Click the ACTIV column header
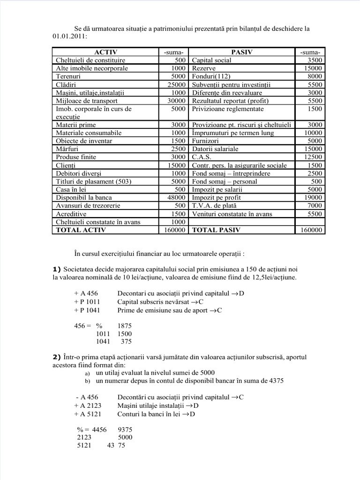pos(105,52)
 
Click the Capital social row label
pos(211,60)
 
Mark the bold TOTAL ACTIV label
pos(81,230)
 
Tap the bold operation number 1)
pos(57,269)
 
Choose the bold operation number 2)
pos(57,357)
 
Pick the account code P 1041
pos(87,310)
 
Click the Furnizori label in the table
pos(205,141)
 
